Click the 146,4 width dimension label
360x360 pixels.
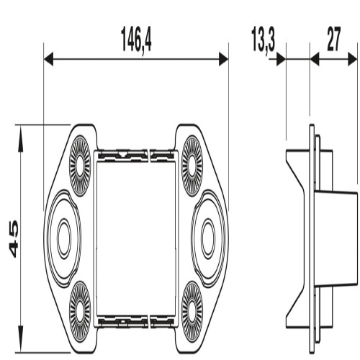136,41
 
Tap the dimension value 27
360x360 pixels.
333,41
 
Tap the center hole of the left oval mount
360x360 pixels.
63,235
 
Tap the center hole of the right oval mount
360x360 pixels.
209,235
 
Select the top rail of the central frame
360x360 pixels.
136,154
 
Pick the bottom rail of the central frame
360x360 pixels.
136,318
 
